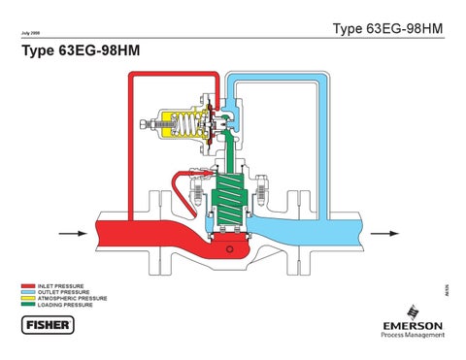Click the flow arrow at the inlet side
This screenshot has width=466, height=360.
(72, 233)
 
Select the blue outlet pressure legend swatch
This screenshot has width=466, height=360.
(27, 292)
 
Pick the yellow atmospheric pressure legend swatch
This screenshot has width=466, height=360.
(27, 298)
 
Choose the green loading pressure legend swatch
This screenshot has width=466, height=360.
(27, 304)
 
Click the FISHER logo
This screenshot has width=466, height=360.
(46, 323)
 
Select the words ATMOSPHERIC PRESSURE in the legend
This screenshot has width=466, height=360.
(71, 298)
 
